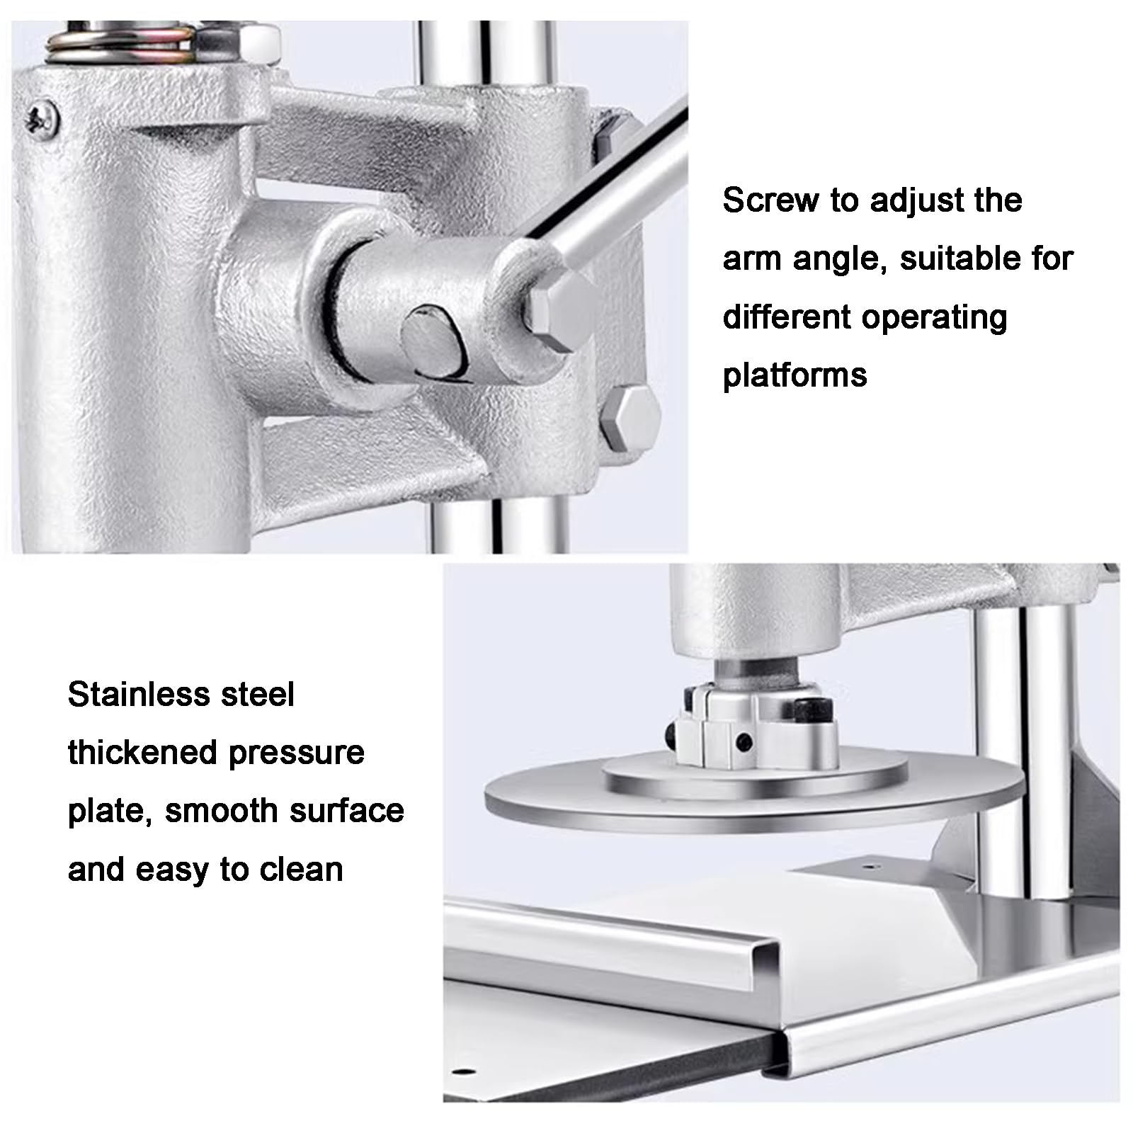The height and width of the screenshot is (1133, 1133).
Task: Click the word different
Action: (x=785, y=317)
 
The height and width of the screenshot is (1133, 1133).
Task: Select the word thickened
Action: (x=142, y=753)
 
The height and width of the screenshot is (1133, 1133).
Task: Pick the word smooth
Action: (x=217, y=811)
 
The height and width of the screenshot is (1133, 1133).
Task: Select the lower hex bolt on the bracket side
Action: (x=630, y=419)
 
